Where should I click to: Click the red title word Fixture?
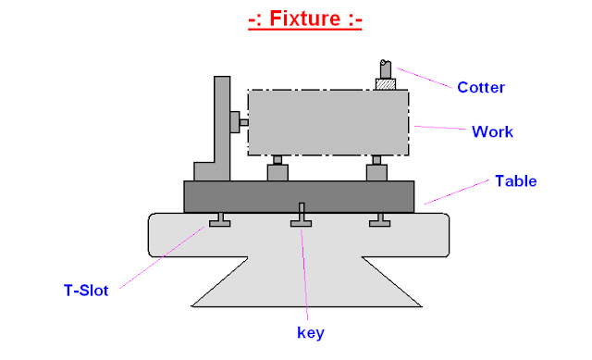pyautogui.click(x=304, y=19)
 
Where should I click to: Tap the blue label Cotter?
pyautogui.click(x=481, y=88)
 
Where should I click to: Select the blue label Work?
pyautogui.click(x=492, y=131)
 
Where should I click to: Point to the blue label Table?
pyautogui.click(x=516, y=180)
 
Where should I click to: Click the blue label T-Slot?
pyautogui.click(x=86, y=291)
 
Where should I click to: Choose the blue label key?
pyautogui.click(x=310, y=331)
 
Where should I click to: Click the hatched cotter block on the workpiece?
pyautogui.click(x=385, y=84)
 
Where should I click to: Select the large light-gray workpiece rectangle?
pyautogui.click(x=328, y=123)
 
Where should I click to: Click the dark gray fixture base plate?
pyautogui.click(x=298, y=196)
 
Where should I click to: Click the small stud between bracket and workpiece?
pyautogui.click(x=239, y=119)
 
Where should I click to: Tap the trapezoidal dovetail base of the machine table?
pyautogui.click(x=305, y=282)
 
